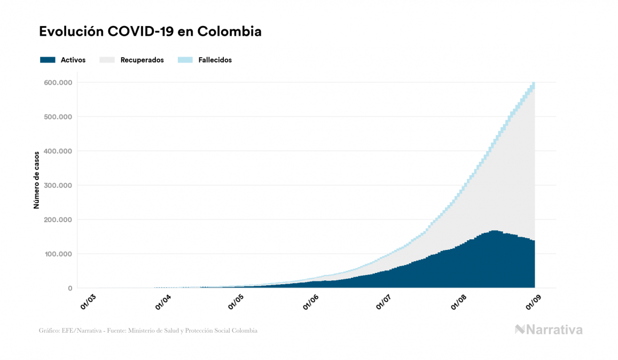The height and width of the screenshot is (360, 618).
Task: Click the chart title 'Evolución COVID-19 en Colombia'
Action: click(150, 32)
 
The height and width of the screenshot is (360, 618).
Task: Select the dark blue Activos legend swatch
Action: click(48, 60)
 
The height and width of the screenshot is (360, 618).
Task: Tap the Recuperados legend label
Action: click(142, 60)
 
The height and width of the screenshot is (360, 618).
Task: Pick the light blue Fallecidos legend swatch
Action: click(185, 60)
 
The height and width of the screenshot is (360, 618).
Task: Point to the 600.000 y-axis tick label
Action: click(58, 83)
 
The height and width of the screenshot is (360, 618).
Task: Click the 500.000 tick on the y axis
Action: click(58, 117)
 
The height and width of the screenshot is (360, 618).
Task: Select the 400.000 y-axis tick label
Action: click(58, 151)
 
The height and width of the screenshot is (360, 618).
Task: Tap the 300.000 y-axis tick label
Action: click(58, 185)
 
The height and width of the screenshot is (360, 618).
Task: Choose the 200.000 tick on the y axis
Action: click(58, 220)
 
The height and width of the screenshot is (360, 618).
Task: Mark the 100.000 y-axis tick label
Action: click(58, 254)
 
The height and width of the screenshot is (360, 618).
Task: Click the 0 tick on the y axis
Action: click(69, 288)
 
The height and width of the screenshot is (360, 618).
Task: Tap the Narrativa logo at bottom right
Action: click(548, 330)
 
